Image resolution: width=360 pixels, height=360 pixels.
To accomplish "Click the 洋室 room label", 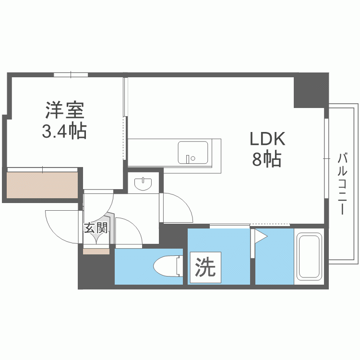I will coord(65,110).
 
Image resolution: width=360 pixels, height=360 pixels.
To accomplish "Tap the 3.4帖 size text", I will coord(64,131).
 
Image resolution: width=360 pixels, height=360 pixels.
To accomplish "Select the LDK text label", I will coord(267,139).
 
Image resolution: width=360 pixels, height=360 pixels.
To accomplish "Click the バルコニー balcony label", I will coord(342,183).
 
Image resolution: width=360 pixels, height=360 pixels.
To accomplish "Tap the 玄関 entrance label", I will coord(96,228).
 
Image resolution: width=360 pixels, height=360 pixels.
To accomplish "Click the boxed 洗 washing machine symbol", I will coord(205,267).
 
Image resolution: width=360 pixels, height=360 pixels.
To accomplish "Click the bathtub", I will coord(309,257).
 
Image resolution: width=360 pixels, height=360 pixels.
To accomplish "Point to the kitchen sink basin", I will coord(193,153).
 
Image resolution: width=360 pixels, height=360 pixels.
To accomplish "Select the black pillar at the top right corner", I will coord(311,90).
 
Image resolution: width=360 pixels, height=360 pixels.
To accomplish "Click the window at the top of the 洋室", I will coord(71,74).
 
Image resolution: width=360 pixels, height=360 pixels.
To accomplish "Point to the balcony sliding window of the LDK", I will coord(326,158).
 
